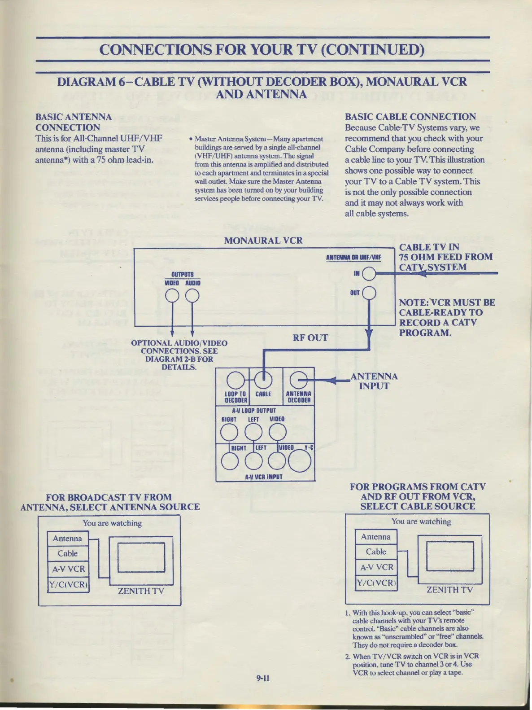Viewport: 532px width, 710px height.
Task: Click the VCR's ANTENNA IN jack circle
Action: [369, 273]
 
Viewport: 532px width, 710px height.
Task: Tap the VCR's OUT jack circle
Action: [369, 293]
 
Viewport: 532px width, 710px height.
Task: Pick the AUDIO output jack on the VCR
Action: [192, 296]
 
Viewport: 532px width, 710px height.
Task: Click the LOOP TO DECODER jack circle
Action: [235, 381]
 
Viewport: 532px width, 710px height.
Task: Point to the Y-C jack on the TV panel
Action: [300, 461]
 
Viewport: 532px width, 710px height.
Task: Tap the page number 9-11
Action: [263, 678]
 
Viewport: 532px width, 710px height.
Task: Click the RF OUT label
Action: [310, 338]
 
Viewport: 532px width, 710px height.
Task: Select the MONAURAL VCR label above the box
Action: [263, 241]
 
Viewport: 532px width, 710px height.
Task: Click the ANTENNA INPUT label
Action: [374, 381]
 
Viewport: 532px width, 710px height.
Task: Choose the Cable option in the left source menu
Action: [68, 554]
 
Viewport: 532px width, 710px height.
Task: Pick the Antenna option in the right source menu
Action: [376, 537]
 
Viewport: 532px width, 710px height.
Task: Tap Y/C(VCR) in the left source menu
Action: [68, 584]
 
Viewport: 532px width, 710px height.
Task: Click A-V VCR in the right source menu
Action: [376, 567]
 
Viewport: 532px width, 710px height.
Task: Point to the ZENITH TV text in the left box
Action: [141, 591]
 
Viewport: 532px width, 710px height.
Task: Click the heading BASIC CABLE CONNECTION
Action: [410, 117]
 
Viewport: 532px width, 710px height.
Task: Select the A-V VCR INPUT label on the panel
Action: [264, 477]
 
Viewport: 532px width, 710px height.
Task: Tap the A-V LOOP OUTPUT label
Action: [254, 410]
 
